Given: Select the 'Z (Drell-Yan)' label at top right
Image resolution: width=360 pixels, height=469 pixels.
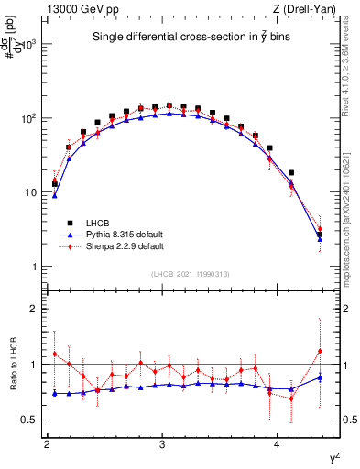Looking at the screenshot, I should point(311,9).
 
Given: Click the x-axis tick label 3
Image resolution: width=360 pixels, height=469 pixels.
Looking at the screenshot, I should point(162,445).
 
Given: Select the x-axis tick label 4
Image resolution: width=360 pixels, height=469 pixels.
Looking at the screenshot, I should point(278,445).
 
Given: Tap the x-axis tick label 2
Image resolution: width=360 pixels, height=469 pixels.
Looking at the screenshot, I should point(47,445).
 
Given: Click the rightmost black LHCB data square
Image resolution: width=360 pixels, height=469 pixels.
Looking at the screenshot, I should point(320,235).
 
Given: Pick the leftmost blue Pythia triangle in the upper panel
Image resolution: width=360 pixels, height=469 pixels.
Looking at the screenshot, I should point(55,195).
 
